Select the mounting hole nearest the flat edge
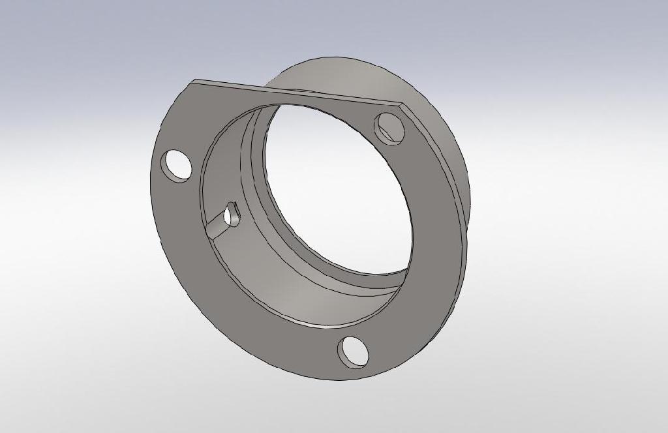[x=389, y=128]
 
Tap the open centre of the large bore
[x=339, y=189]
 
